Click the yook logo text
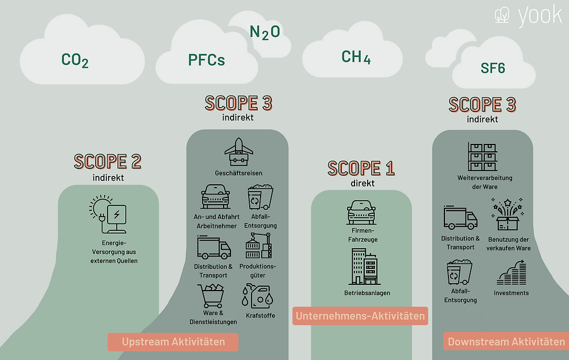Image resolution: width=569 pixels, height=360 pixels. click(539, 15)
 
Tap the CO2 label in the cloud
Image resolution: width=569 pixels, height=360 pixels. click(75, 60)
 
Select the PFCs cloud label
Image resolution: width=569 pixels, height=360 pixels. click(206, 60)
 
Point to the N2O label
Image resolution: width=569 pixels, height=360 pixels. click(265, 32)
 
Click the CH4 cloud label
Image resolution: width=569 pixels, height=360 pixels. click(356, 57)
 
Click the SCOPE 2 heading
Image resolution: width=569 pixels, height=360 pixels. click(108, 162)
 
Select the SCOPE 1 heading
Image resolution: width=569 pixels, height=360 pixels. click(361, 168)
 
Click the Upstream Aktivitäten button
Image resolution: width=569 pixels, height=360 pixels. click(173, 342)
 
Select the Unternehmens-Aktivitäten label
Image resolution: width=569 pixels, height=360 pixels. click(360, 316)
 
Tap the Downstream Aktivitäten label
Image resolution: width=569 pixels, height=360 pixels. click(506, 342)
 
